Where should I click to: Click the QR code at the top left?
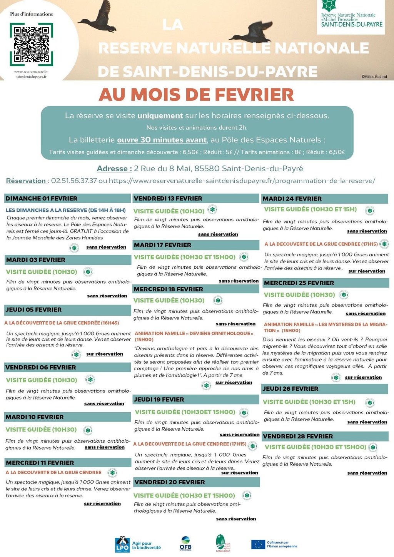pos(31,44)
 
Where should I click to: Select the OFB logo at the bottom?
pos(185,544)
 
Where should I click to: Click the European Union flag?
pos(258,544)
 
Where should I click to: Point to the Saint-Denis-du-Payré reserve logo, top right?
pos(352,16)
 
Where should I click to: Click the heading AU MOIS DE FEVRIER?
pos(196,95)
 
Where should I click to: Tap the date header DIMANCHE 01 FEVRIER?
pos(42,199)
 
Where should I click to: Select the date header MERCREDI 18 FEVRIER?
pos(168,289)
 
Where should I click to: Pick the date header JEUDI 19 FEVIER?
pos(159,400)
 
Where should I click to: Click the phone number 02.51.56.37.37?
pos(74,181)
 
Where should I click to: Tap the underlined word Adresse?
pos(114,169)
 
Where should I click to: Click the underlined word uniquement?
pos(160,115)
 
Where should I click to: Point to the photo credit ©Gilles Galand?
pos(374,77)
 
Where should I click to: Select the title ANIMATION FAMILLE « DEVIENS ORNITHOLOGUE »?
pos(194,333)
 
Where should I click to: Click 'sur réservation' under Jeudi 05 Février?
pos(105,354)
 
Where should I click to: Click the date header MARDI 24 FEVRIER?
pos(292,199)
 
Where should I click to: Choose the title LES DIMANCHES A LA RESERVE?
pos(46,210)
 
